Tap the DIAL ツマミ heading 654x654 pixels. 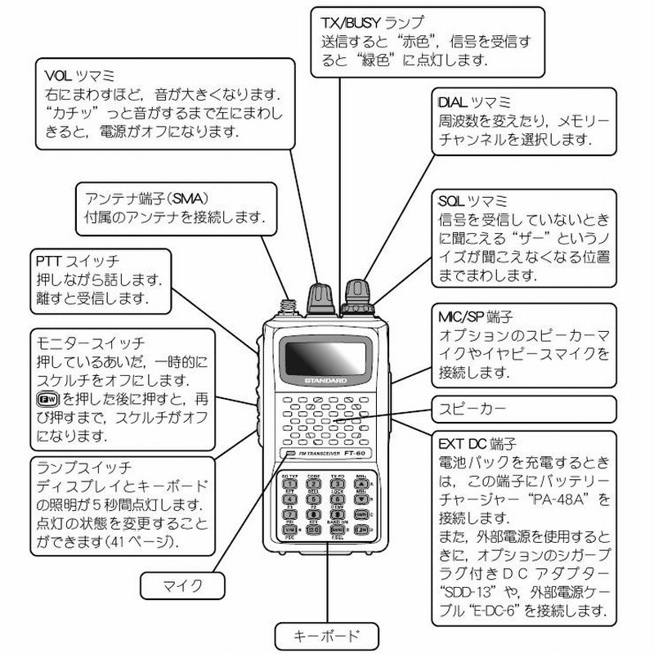click(473, 102)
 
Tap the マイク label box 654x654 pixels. click(182, 585)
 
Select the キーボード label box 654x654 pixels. click(326, 634)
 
